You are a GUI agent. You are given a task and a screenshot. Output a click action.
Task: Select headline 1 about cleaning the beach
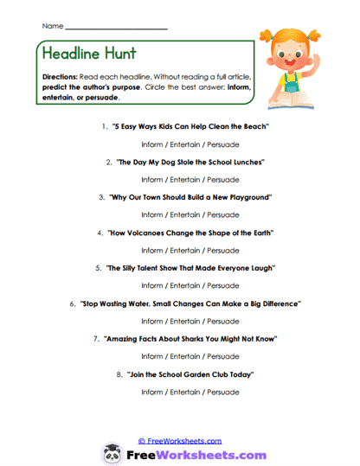[191, 126]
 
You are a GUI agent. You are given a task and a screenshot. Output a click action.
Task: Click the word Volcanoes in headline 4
[164, 233]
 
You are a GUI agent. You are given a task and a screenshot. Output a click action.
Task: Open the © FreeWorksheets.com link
[180, 440]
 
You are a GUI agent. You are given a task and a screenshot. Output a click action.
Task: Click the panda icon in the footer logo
[112, 453]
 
